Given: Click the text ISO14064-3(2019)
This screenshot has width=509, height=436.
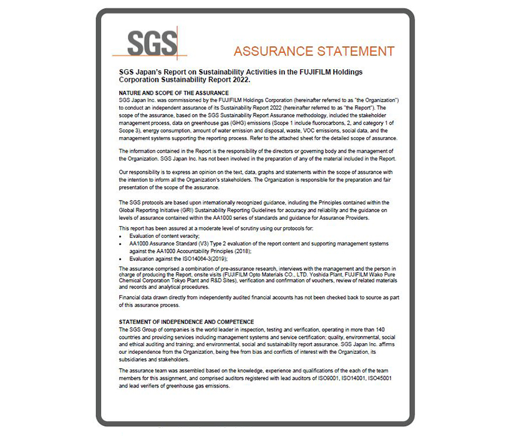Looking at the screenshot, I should coord(201,257).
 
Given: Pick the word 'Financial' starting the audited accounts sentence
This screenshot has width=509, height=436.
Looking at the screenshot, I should coord(129,297).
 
